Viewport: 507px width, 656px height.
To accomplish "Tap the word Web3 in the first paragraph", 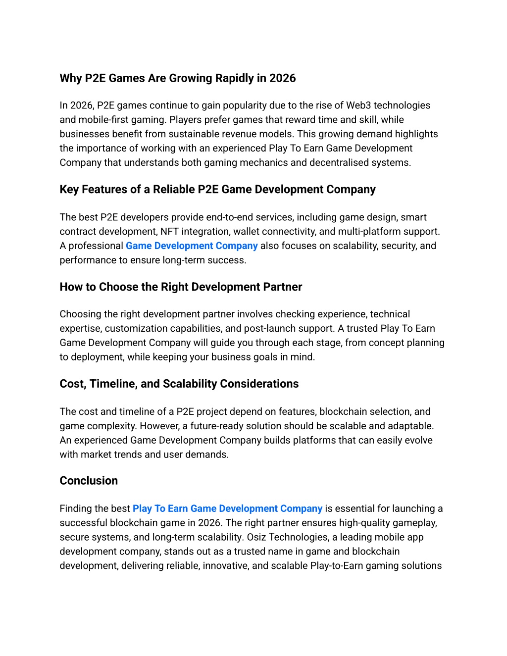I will pyautogui.click(x=358, y=105).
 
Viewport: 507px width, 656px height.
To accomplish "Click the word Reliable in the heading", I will pyautogui.click(x=173, y=190).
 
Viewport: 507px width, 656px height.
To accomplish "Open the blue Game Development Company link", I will pyautogui.click(x=192, y=246).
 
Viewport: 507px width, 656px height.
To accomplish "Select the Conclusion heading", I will pyautogui.click(x=89, y=481).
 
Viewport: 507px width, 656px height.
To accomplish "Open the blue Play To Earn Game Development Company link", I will pyautogui.click(x=227, y=509).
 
